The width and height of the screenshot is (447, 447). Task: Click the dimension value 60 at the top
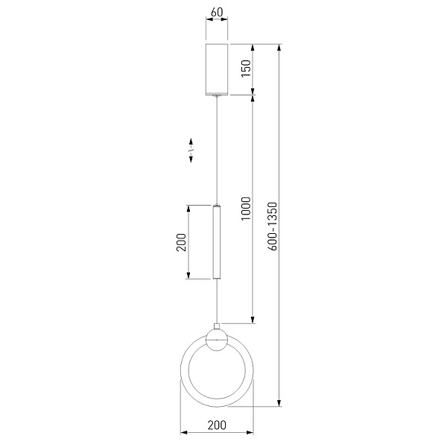click(217, 12)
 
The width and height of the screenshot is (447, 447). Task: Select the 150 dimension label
click(246, 68)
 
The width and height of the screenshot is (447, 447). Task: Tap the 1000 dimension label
click(246, 209)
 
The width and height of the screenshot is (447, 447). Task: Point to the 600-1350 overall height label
click(273, 226)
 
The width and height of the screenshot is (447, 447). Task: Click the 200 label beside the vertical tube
click(181, 242)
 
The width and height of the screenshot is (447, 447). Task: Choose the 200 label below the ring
click(217, 425)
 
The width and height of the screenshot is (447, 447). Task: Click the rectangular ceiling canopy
click(217, 69)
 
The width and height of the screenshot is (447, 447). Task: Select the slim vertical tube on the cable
click(217, 241)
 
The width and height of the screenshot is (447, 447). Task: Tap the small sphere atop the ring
click(217, 340)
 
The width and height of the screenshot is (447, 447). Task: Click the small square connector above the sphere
click(217, 326)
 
